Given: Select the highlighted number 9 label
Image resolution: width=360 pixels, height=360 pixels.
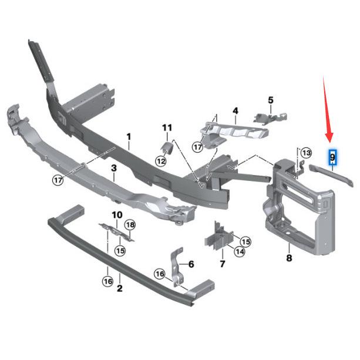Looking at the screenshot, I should point(332,157).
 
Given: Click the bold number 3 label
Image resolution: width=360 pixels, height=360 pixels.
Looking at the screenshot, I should point(114,169).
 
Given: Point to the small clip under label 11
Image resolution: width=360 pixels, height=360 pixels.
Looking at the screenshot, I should point(167,146).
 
